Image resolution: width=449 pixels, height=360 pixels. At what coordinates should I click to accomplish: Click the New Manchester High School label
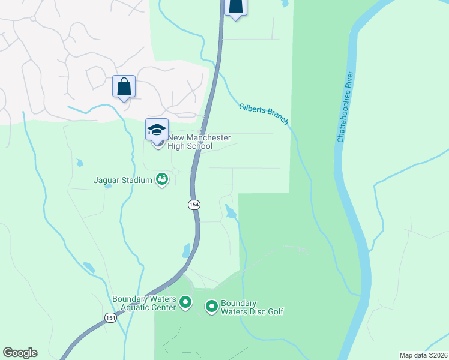click(190, 142)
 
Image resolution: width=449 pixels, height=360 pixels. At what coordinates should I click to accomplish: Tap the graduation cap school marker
click(157, 130)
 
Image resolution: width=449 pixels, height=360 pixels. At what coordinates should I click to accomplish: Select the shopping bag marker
click(124, 87)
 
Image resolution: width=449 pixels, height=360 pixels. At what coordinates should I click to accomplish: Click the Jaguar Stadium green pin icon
click(161, 179)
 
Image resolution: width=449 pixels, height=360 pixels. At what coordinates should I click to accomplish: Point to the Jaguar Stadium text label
click(124, 179)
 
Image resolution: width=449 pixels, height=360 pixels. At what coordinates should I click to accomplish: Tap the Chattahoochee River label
click(345, 107)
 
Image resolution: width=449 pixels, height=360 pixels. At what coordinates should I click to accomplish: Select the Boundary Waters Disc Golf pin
click(211, 307)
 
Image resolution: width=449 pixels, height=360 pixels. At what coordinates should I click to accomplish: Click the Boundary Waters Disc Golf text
click(252, 307)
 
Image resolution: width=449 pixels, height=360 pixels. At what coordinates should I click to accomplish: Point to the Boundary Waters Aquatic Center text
click(143, 303)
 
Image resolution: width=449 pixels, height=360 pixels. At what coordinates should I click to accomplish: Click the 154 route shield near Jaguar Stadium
click(194, 205)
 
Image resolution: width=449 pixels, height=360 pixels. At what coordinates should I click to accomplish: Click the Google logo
click(20, 353)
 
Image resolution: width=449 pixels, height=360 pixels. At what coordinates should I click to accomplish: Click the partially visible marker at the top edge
click(235, 7)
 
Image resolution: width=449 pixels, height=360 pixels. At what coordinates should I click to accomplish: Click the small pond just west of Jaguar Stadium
click(108, 186)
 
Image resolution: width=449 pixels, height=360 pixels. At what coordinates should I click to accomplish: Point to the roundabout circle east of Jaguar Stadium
click(175, 172)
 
